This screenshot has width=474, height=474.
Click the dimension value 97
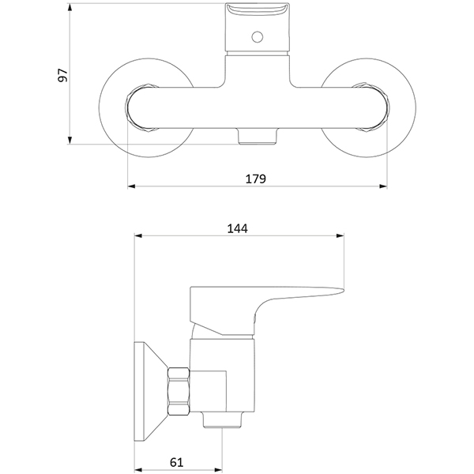pyautogui.click(x=64, y=75)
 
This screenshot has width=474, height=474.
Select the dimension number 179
pyautogui.click(x=254, y=179)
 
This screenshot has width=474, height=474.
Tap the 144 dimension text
pyautogui.click(x=238, y=228)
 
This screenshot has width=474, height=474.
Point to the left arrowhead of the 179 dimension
pyautogui.click(x=131, y=187)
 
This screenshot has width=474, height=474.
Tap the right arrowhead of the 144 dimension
pyautogui.click(x=341, y=236)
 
